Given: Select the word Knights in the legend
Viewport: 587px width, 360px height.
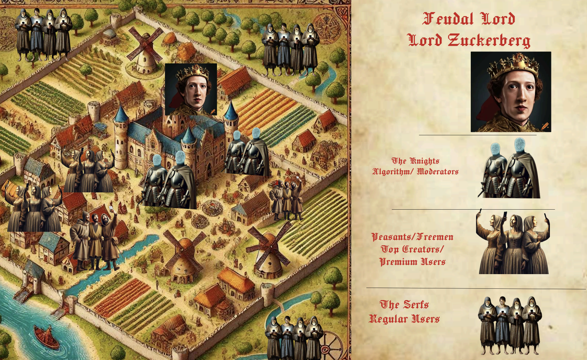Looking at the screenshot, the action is pyautogui.click(x=424, y=161).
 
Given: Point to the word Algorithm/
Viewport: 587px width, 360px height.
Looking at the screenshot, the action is pyautogui.click(x=391, y=172).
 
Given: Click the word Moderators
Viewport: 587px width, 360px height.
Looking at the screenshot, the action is pyautogui.click(x=438, y=172).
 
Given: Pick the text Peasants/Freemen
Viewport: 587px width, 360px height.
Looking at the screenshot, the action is pyautogui.click(x=412, y=237).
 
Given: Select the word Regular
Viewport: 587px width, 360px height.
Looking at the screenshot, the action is pyautogui.click(x=388, y=319).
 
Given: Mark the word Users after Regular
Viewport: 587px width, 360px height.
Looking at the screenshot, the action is pyautogui.click(x=426, y=319).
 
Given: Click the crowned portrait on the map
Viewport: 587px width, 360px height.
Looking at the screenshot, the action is pyautogui.click(x=191, y=89).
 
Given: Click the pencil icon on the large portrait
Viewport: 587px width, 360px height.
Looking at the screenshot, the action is pyautogui.click(x=545, y=126).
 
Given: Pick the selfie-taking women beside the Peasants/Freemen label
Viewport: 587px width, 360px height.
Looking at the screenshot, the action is pyautogui.click(x=513, y=244).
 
